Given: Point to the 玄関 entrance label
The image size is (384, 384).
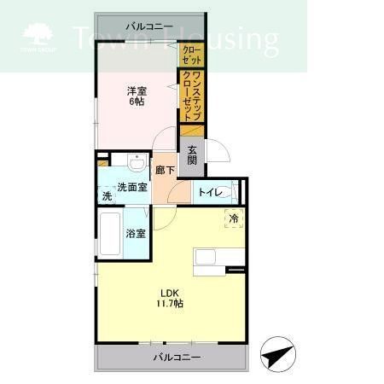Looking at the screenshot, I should point(192,154).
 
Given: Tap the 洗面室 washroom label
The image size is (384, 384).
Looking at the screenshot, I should point(132,188).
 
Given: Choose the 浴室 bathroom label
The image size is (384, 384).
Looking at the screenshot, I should point(136,233).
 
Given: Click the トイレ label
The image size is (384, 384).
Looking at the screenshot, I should point(209,193).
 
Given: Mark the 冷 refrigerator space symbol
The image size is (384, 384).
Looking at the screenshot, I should point(234,219).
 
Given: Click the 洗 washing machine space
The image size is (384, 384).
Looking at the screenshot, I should point(107,196).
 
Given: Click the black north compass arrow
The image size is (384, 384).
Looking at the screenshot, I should point(275,354).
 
